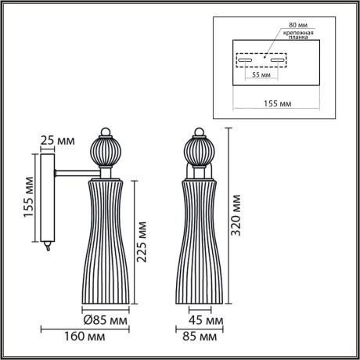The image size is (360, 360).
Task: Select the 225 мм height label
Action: [x=142, y=243]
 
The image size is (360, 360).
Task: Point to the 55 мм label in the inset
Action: [x=261, y=77]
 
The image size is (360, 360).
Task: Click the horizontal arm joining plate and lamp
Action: [x=73, y=171]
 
